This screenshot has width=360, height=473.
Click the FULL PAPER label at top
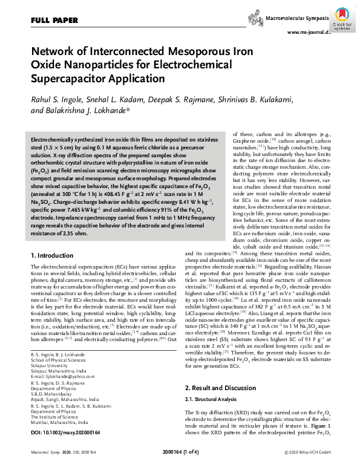[x=51, y=21]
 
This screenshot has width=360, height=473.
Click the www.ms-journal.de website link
[x=309, y=32]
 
